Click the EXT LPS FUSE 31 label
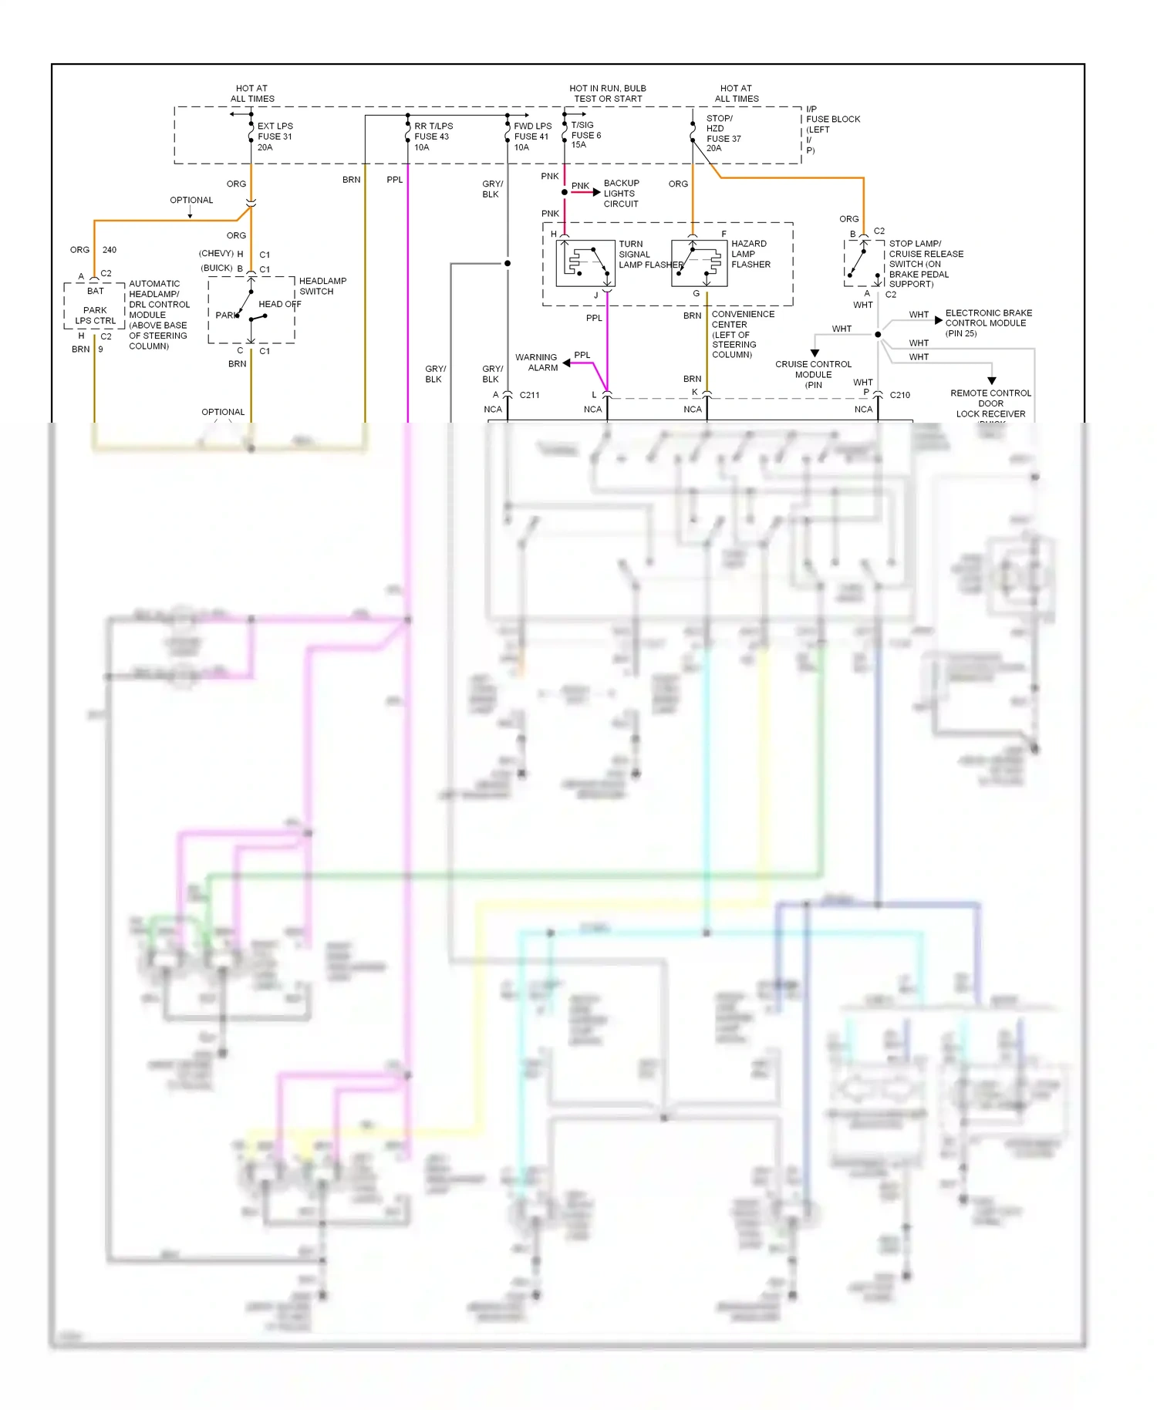coord(275,137)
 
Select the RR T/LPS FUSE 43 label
coord(433,137)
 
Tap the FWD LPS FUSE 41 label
coord(532,137)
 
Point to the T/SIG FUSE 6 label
coord(585,135)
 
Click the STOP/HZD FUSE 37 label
coord(723,133)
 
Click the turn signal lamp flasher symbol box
coord(585,263)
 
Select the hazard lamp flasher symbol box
coord(699,263)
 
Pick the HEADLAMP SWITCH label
coord(322,286)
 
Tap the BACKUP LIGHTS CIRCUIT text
coord(621,194)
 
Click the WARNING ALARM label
coord(536,363)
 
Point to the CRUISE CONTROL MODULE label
coord(813,374)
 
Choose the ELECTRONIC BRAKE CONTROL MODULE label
coord(988,322)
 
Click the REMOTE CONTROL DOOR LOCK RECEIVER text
coord(990,403)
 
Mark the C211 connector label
coord(530,395)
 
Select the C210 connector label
coord(899,395)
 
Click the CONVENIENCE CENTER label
coord(742,334)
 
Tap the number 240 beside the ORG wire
coord(110,250)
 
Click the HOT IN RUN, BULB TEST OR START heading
coord(608,93)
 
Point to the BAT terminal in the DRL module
coord(95,291)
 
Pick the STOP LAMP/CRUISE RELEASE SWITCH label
coord(926,264)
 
